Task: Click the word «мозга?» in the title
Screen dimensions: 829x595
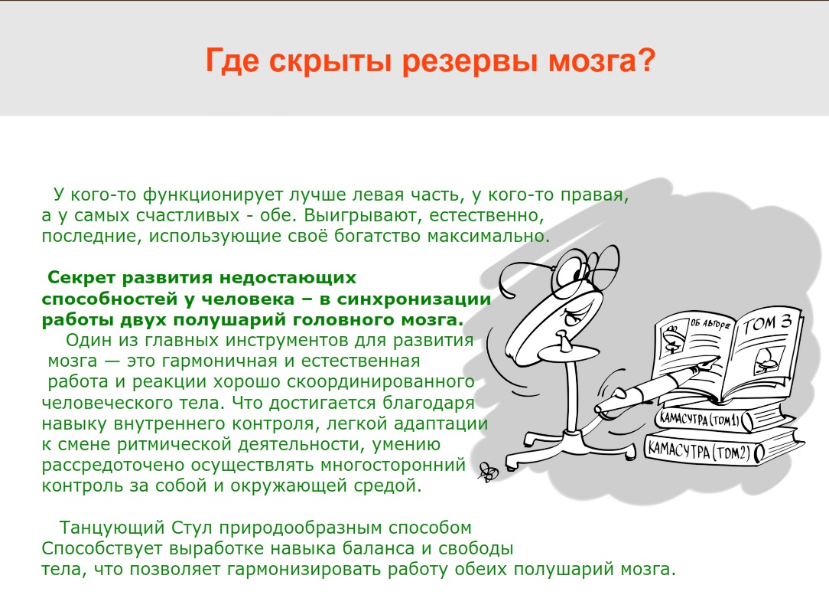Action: pyautogui.click(x=602, y=60)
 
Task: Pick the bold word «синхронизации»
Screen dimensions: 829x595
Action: pyautogui.click(x=414, y=299)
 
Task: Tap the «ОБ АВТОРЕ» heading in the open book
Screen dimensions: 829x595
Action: pyautogui.click(x=710, y=323)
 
